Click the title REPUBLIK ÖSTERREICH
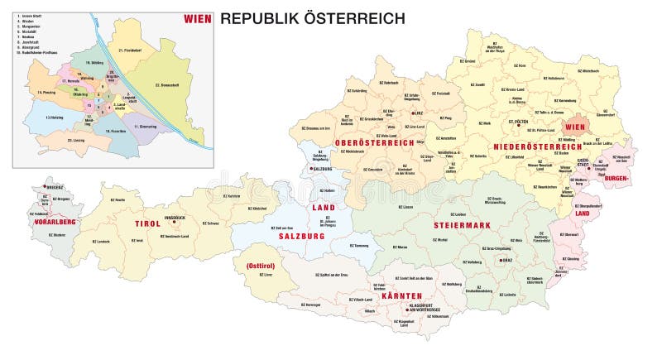tap(312, 17)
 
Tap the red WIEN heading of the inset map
tap(197, 17)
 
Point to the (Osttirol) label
tap(260, 266)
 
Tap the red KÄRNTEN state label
tap(402, 295)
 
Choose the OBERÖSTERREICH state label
tap(374, 143)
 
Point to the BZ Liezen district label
tap(405, 207)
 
